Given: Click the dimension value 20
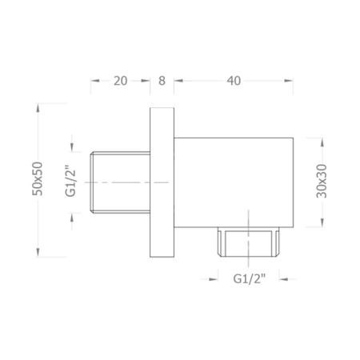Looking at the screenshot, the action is point(121,81).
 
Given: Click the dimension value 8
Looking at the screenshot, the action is point(162,81).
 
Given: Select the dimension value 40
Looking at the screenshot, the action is point(234,81).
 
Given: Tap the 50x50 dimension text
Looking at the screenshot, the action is point(38,178).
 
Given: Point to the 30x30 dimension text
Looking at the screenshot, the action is point(322,181).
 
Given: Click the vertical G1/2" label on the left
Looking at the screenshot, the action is point(70,181).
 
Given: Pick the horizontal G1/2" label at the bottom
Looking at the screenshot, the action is point(250,279).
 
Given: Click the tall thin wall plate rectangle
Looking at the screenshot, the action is point(162,182).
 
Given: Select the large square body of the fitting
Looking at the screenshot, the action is point(234,182).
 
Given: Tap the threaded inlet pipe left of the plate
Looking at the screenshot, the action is point(120,182).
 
